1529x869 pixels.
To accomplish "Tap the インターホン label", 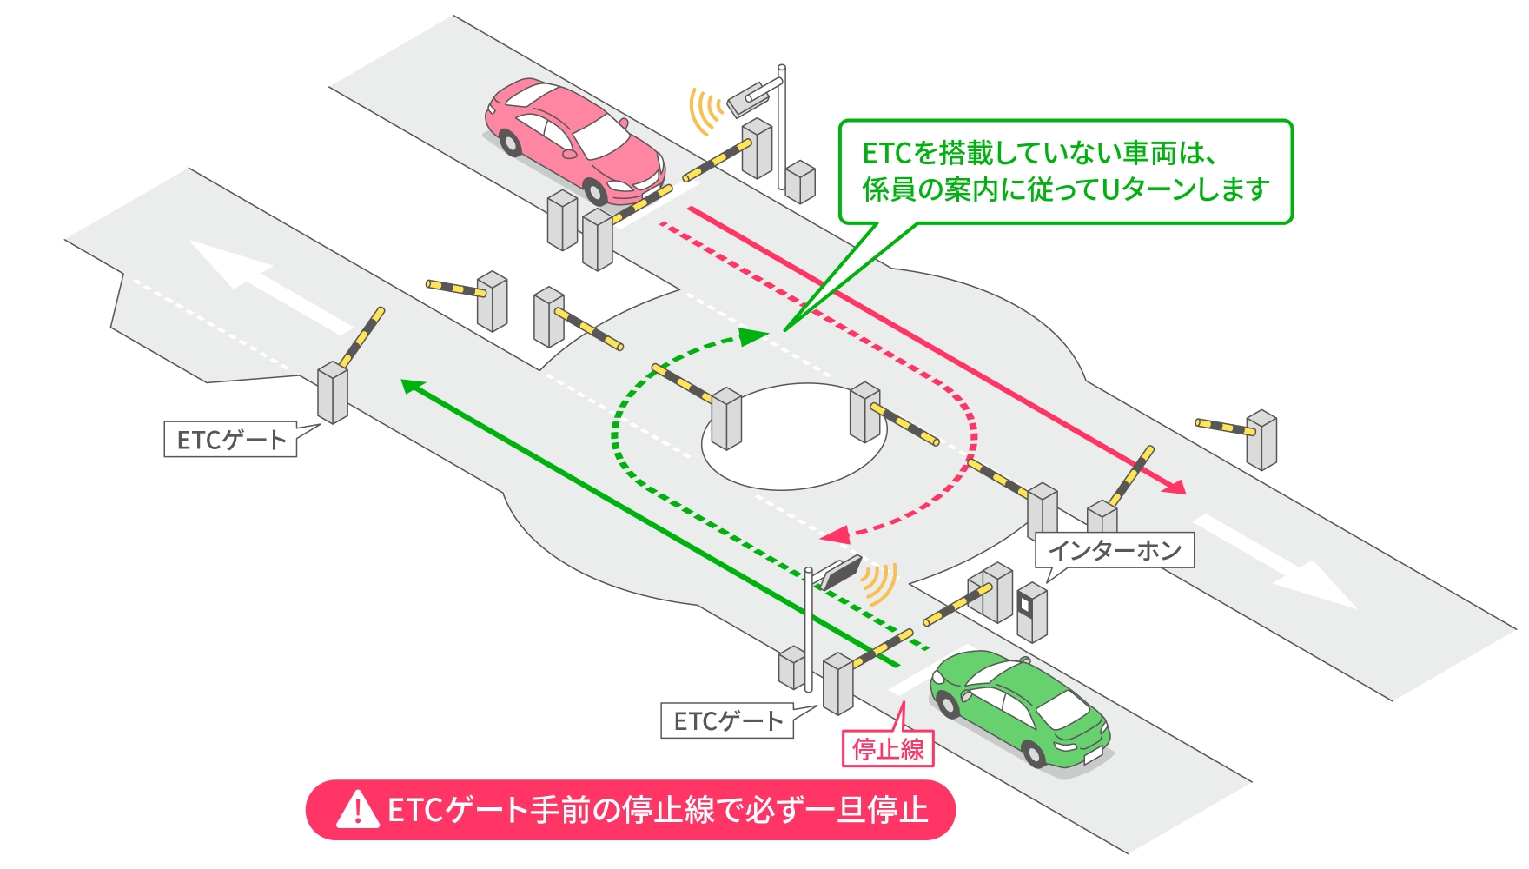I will [x=1115, y=550].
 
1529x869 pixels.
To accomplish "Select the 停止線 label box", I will [x=888, y=748].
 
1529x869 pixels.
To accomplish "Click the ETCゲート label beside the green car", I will [x=727, y=721].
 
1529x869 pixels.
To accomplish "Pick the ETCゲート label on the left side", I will [x=230, y=440].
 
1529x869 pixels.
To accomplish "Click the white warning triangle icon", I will [x=357, y=810].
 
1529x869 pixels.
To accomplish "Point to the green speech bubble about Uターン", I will [x=1065, y=171].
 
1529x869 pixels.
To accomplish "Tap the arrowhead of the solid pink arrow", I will [x=1175, y=487].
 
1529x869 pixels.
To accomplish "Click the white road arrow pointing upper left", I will [x=261, y=282].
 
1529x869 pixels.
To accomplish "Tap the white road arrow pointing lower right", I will [x=1286, y=565].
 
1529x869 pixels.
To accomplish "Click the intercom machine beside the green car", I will [x=1032, y=610].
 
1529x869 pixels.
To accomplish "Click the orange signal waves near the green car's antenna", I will [x=879, y=583].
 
